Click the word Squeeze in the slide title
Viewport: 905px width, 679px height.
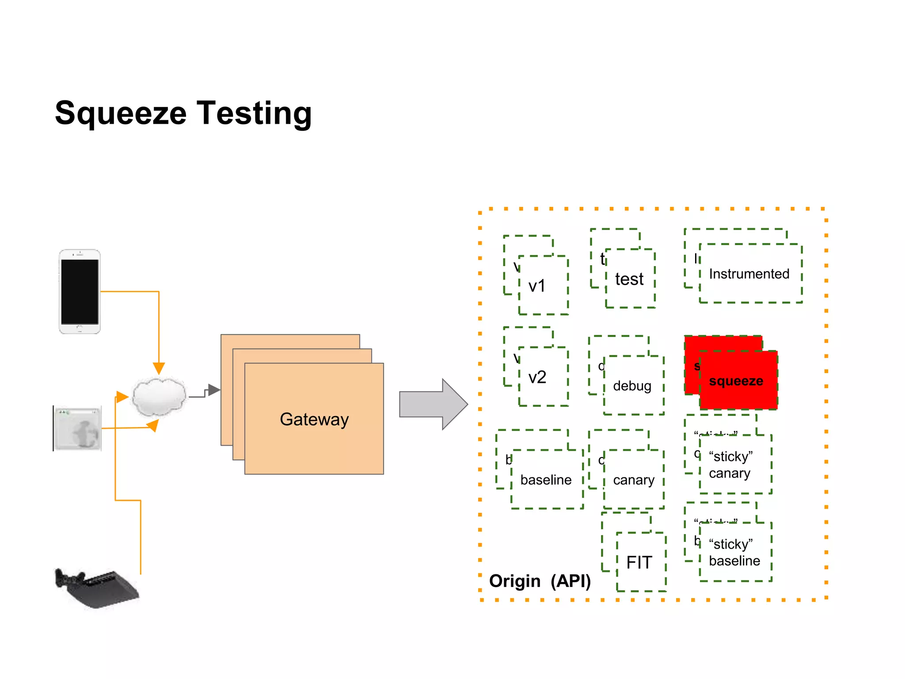pyautogui.click(x=121, y=114)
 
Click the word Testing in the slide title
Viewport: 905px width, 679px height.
pyautogui.click(x=254, y=114)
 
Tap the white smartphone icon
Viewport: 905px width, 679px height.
pyautogui.click(x=80, y=291)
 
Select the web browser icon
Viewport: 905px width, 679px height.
pyautogui.click(x=78, y=428)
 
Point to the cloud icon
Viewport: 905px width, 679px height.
pyautogui.click(x=159, y=397)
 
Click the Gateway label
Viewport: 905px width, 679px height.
pyautogui.click(x=314, y=419)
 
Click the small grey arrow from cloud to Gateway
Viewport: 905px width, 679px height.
pyautogui.click(x=214, y=390)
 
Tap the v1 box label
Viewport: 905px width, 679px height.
pyautogui.click(x=537, y=286)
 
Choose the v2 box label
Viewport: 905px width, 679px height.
pyautogui.click(x=537, y=377)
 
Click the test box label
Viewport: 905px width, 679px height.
pyautogui.click(x=629, y=279)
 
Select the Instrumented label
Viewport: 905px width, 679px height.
pyautogui.click(x=749, y=274)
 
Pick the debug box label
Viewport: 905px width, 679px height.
pyautogui.click(x=632, y=386)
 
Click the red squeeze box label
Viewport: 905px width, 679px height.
pyautogui.click(x=736, y=381)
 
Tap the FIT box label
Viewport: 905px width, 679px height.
pyautogui.click(x=639, y=562)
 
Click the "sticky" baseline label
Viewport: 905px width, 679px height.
pyautogui.click(x=734, y=552)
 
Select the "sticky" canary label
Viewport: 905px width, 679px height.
pyautogui.click(x=730, y=465)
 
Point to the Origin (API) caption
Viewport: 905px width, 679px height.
pyautogui.click(x=540, y=581)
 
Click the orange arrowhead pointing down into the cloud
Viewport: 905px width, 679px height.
pyautogui.click(x=159, y=368)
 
